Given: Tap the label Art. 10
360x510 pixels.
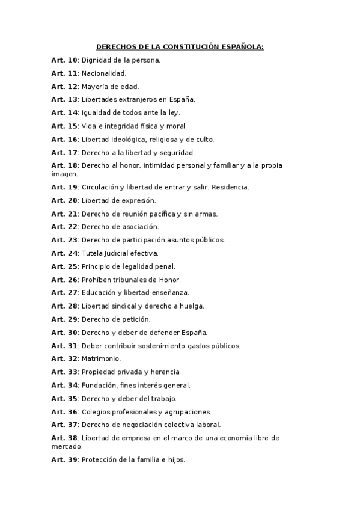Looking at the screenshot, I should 64,60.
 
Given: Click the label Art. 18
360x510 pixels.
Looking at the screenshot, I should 64,165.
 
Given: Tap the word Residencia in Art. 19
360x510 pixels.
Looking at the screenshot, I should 228,187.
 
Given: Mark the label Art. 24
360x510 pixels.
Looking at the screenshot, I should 64,253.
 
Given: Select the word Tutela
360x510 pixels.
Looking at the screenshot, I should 92,253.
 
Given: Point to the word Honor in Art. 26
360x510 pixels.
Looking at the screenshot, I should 168,280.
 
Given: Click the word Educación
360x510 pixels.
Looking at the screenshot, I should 99,293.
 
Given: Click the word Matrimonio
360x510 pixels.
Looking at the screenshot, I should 100,359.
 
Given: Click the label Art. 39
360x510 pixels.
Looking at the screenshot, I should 64,460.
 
